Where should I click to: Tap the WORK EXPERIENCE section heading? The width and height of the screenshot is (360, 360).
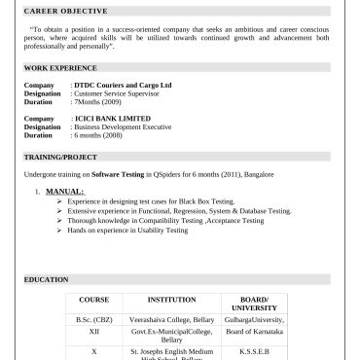click(59, 68)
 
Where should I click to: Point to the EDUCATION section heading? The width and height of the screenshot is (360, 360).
click(47, 280)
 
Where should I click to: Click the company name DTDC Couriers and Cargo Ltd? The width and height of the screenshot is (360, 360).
click(125, 86)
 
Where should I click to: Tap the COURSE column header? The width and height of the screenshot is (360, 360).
click(93, 299)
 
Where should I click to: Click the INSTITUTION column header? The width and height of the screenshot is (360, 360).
click(171, 299)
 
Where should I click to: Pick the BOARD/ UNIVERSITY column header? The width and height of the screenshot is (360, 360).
click(254, 303)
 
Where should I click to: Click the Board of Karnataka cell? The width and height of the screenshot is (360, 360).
click(254, 332)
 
